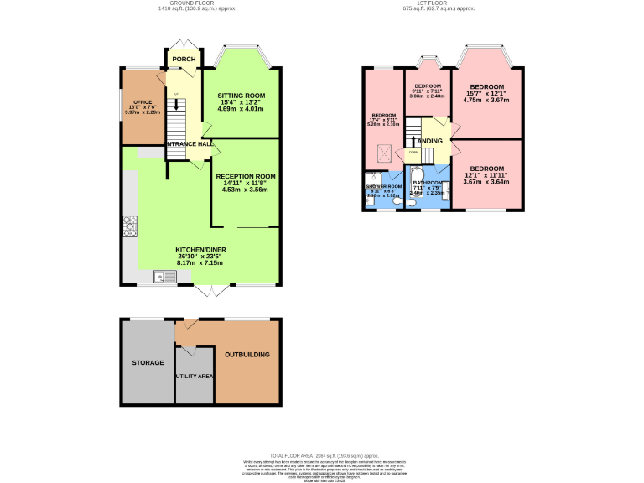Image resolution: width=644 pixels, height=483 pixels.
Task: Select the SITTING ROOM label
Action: [241, 95]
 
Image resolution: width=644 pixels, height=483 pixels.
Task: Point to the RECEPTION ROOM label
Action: [245, 176]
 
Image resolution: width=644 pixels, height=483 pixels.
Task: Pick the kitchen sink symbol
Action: [160, 276]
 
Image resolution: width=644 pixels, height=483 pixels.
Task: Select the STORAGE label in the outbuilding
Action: [148, 363]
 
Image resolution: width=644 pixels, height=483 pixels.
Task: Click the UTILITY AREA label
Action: [194, 376]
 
